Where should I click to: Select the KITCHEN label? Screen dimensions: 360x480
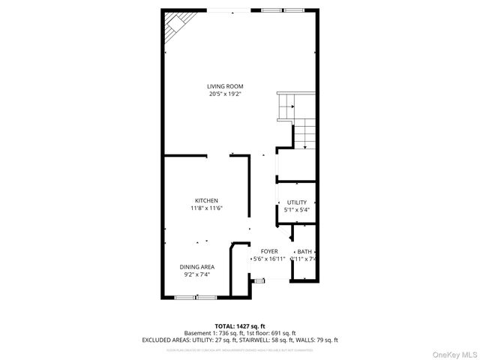click(206, 200)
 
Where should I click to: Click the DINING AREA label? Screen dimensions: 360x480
click(197, 267)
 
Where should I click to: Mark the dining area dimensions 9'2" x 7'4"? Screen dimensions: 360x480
click(197, 274)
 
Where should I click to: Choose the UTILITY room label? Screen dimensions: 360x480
click(297, 202)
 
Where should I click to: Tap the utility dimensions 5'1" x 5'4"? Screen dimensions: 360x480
click(297, 210)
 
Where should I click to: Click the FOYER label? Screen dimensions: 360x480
click(269, 251)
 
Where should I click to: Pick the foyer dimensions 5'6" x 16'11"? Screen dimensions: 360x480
click(269, 259)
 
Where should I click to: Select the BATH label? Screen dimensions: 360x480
click(304, 251)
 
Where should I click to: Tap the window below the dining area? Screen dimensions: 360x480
click(196, 298)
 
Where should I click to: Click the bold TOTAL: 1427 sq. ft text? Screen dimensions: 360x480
click(239, 325)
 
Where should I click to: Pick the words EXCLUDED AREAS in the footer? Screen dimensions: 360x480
click(163, 340)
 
